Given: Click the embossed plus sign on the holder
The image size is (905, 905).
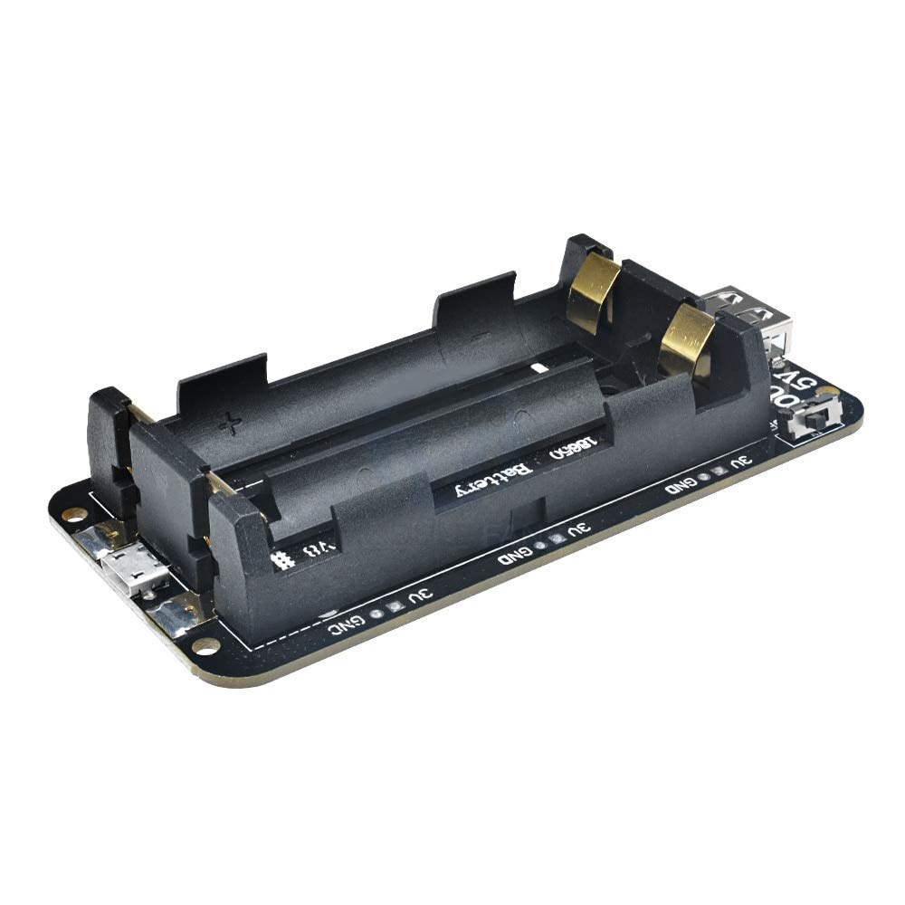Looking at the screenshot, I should tap(232, 423).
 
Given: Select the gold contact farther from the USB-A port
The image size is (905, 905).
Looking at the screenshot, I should tap(593, 288).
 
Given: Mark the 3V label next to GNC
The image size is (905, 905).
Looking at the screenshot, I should tap(419, 595).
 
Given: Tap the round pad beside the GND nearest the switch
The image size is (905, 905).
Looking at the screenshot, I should tap(705, 478).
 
